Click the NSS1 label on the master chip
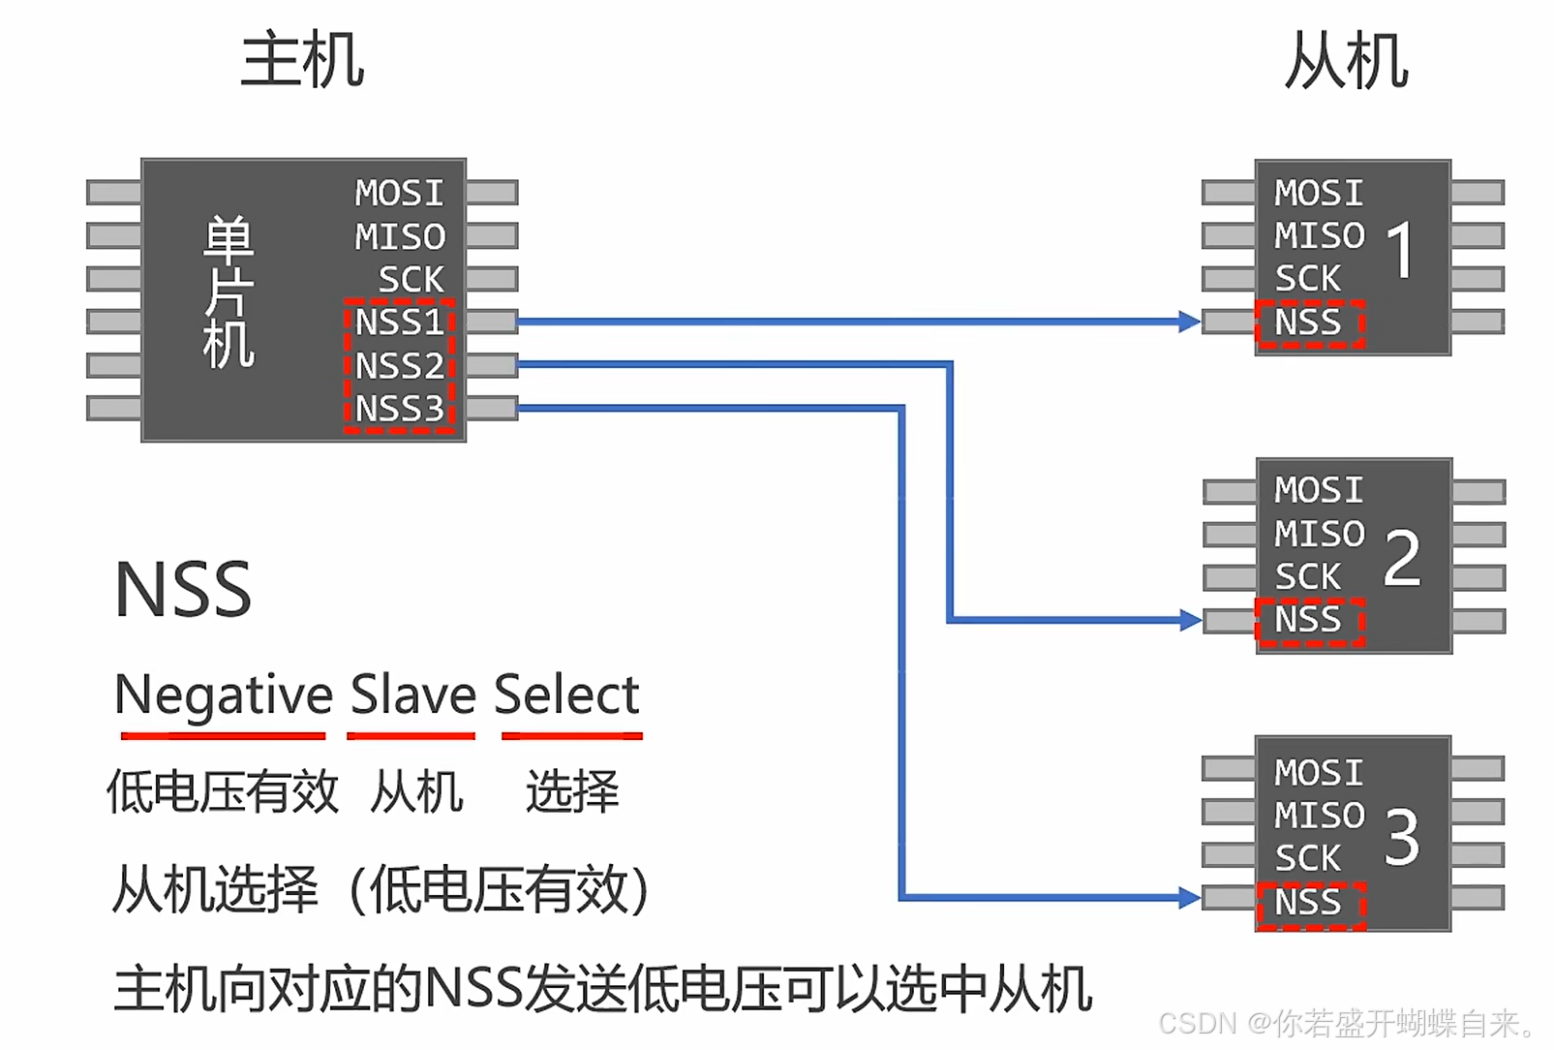399,323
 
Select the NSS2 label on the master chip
399,366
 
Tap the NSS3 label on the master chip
399,410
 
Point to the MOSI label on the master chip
399,194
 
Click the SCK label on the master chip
411,280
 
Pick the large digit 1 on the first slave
1400,251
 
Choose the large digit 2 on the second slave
1402,559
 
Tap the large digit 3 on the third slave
1402,838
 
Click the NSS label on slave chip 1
1308,323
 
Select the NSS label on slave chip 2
1308,620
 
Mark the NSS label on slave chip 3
1308,903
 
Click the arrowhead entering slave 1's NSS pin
1190,322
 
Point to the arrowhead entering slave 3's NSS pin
1190,898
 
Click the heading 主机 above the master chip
302,60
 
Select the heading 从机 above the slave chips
1346,61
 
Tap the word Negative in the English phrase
224,695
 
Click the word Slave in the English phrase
412,695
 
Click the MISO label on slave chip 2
1319,534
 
